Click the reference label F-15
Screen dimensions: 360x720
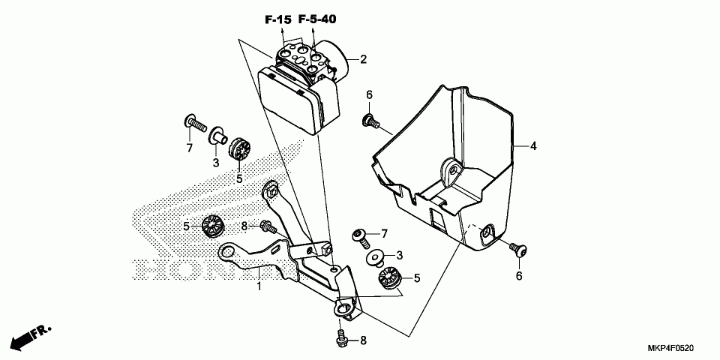pyautogui.click(x=277, y=19)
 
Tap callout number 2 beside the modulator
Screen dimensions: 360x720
pyautogui.click(x=363, y=59)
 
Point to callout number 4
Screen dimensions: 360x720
pyautogui.click(x=533, y=146)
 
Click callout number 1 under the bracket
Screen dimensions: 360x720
pyautogui.click(x=259, y=286)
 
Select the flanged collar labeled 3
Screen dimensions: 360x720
pyautogui.click(x=217, y=136)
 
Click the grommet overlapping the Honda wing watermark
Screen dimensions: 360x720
pyautogui.click(x=212, y=224)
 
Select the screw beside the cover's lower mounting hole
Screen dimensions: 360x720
pyautogui.click(x=517, y=249)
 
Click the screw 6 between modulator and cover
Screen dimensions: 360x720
pyautogui.click(x=370, y=120)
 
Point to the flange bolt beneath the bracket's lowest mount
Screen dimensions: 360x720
pyautogui.click(x=341, y=338)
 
